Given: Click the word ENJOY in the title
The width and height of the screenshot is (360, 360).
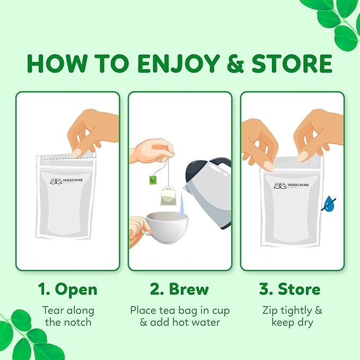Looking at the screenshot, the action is pos(179,64).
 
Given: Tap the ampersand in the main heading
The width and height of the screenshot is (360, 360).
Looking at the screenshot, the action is pos(235,64).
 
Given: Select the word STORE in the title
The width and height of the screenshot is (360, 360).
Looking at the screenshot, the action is pos(292,64).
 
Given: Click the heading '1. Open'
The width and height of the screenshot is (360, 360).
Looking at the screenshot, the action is pos(68,289).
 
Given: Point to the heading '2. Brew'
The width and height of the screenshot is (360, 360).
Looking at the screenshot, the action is pos(179,289).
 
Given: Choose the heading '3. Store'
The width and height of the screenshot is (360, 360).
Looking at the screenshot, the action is pos(289,289).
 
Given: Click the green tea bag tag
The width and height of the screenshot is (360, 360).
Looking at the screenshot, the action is pos(153,180).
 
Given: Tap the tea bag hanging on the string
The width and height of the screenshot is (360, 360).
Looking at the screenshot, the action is pos(168,196).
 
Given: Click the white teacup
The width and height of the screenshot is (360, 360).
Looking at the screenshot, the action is pos(166,227).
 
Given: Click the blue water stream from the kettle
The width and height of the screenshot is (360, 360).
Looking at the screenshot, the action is pos(182,204).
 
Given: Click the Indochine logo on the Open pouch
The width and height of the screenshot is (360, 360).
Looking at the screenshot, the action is pos(66,181).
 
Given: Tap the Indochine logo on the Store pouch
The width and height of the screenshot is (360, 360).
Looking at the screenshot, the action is pos(291,186).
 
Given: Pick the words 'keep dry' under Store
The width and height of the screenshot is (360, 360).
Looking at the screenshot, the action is pos(292,322).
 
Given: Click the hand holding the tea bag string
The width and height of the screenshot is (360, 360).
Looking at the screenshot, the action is pos(153,151).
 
